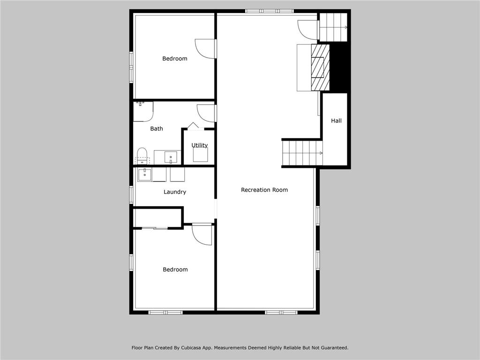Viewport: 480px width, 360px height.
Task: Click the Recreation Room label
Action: pos(264,190)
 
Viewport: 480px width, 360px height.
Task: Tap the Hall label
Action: pos(336,121)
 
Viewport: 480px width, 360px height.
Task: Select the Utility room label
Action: pos(199,145)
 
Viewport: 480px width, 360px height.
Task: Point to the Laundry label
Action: pos(175,192)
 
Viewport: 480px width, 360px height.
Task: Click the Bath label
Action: pos(157,128)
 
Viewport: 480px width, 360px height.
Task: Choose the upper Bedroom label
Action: pos(175,59)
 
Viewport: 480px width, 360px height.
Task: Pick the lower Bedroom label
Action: pos(175,270)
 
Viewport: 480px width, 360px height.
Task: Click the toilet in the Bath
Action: pos(142,155)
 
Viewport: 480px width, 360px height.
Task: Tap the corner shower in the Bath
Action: pos(142,111)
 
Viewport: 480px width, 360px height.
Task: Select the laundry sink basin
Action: pos(144,174)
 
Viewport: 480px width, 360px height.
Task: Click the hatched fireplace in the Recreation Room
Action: pos(321,67)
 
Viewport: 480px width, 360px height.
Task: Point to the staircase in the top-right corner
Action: pos(333,27)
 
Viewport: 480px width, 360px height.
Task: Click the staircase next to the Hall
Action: pos(302,153)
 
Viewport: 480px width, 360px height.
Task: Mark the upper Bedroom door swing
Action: pos(205,49)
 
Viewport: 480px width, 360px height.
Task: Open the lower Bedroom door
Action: pos(202,234)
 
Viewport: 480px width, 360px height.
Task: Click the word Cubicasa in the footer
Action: pos(192,348)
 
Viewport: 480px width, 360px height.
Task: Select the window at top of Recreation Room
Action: pos(270,11)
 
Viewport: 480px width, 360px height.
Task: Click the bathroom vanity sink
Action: pos(171,157)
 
